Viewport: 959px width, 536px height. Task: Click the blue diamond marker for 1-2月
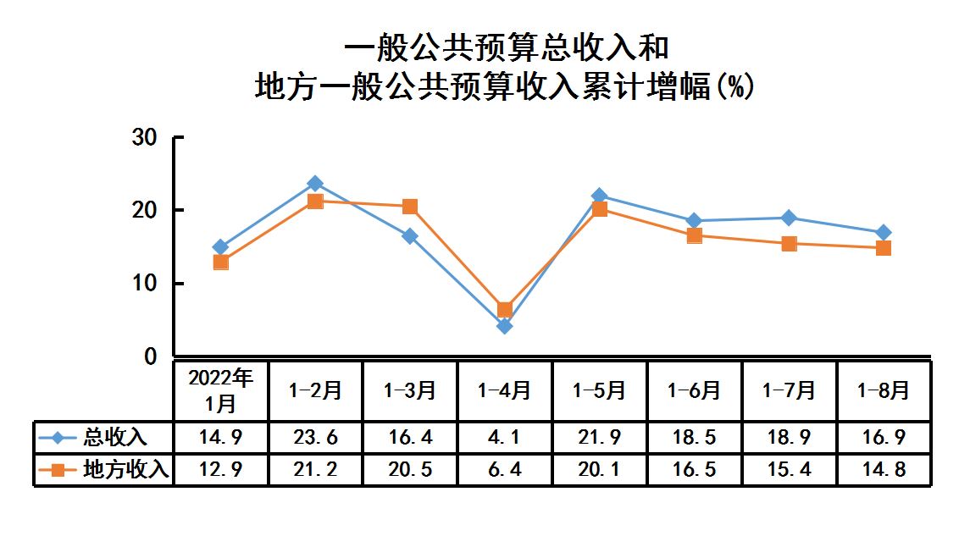tap(315, 184)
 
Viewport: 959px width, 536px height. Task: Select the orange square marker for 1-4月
tap(505, 310)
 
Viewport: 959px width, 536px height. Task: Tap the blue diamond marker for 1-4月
tap(505, 326)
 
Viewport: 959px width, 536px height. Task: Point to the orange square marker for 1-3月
tap(410, 207)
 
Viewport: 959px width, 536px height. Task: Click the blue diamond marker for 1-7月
tap(789, 218)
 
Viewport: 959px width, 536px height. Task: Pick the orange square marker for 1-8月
tap(884, 248)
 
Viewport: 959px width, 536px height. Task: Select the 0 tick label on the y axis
tap(151, 357)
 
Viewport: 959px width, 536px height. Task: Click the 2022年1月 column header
tap(221, 390)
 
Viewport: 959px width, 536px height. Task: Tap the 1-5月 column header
tap(599, 390)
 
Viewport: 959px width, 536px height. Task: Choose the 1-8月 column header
tap(883, 390)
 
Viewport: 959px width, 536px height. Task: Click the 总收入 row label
tap(115, 438)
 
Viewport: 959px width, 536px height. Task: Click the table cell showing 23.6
tap(315, 438)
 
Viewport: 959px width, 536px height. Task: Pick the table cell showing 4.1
tap(505, 438)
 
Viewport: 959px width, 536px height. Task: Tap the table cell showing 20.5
tap(410, 469)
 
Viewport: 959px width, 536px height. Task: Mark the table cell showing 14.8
tap(883, 469)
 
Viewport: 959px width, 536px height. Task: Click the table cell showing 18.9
tap(789, 438)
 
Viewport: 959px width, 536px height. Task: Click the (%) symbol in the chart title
tap(734, 86)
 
